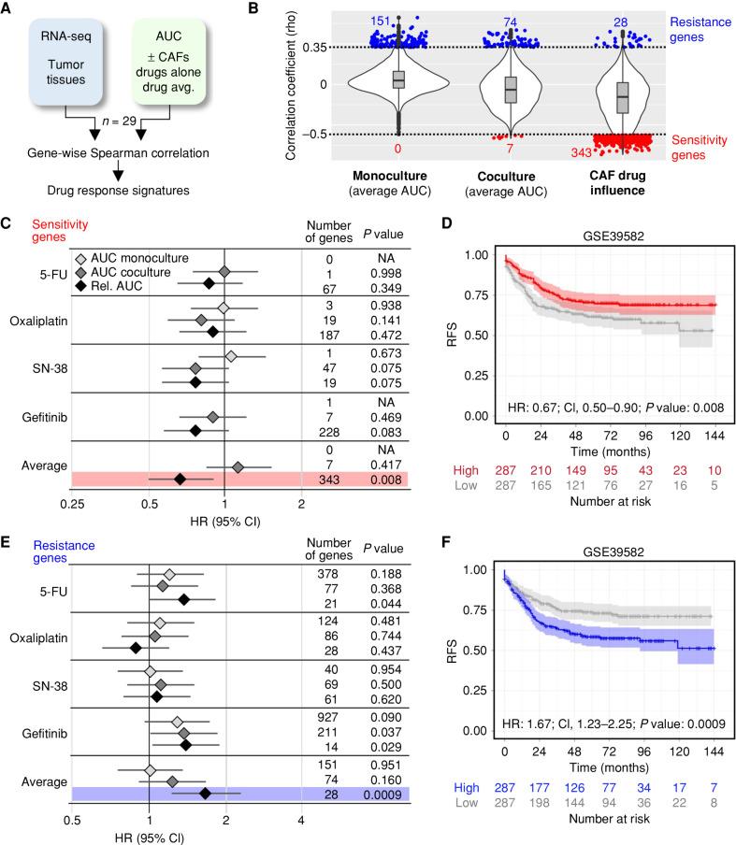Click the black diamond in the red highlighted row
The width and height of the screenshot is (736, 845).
coord(180,479)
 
